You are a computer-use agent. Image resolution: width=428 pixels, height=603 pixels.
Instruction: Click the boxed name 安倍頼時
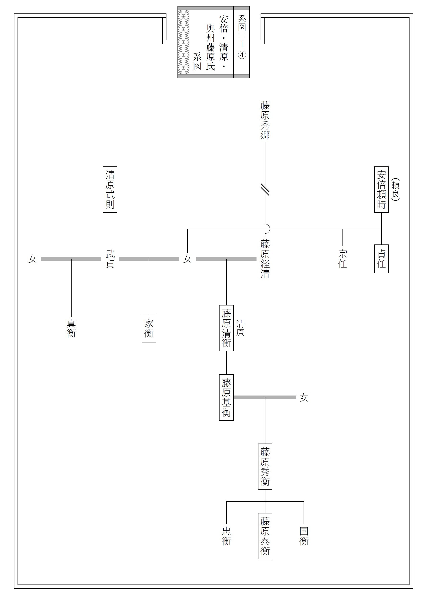pos(381,189)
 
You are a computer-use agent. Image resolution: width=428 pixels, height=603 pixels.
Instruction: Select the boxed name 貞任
pos(381,259)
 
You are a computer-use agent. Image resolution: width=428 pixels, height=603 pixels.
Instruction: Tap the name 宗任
pos(342,259)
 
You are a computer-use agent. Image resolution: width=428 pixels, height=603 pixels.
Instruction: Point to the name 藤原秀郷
pos(265,120)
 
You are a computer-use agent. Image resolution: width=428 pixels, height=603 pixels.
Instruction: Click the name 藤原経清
pos(265,259)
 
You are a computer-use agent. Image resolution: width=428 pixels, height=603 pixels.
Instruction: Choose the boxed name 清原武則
pos(110,189)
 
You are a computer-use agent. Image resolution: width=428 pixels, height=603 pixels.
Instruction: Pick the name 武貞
pos(110,259)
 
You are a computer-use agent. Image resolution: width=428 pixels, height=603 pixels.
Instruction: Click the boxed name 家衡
pos(149,328)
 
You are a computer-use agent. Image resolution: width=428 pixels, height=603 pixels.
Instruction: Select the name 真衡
pos(71,328)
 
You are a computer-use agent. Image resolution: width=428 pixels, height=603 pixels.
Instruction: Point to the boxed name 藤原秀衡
pos(265,467)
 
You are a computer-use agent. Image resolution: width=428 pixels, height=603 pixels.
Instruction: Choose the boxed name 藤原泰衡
pos(265,536)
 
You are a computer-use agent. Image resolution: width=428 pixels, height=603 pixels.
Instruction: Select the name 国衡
pos(304,536)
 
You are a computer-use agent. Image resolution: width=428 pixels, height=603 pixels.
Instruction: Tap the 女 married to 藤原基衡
pos(304,397)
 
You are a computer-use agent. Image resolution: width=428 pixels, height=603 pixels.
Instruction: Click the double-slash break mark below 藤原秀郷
pos(265,189)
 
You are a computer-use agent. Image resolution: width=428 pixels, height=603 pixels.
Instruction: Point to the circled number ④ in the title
pos(242,55)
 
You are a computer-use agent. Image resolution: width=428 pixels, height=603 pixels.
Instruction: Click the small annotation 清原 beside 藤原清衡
pos(240,328)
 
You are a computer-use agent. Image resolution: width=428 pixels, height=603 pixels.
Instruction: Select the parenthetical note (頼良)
pos(395,189)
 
